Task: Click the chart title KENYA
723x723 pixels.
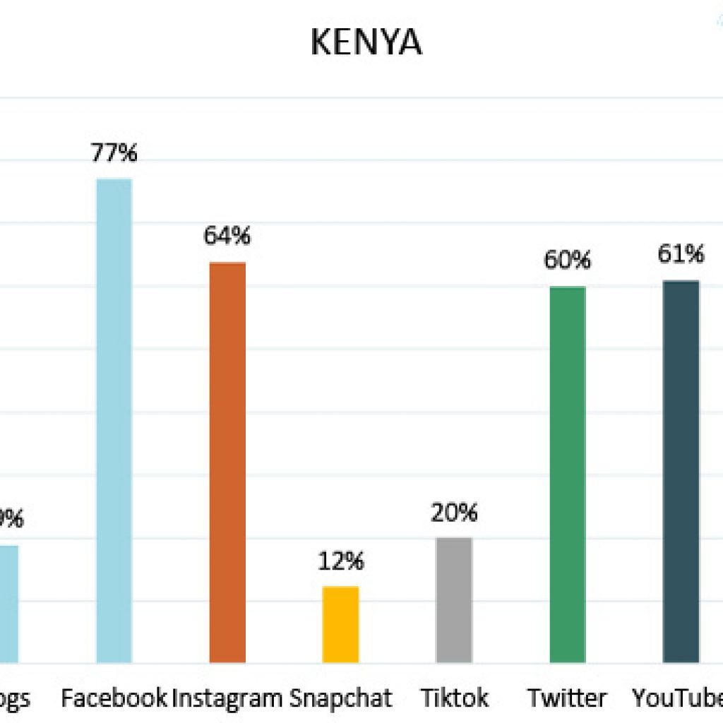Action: (366, 43)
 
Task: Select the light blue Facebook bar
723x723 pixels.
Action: (114, 421)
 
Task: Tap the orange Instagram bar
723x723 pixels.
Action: (227, 462)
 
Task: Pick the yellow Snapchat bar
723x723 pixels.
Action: (340, 624)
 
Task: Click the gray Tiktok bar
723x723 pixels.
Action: (454, 600)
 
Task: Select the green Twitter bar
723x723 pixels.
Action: (567, 474)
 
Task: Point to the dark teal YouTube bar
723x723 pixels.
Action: (681, 472)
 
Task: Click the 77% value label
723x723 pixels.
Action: (114, 153)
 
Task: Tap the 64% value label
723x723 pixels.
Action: (227, 236)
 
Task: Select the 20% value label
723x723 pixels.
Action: (454, 513)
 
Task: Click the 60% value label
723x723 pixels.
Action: (567, 261)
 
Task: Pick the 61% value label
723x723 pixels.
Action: (681, 254)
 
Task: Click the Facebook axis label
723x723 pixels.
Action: (114, 698)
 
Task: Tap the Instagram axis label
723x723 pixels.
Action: (227, 698)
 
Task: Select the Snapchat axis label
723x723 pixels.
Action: (340, 698)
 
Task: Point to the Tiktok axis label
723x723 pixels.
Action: (454, 698)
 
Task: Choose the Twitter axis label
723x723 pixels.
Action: (567, 698)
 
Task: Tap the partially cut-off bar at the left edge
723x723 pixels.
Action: (8, 604)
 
